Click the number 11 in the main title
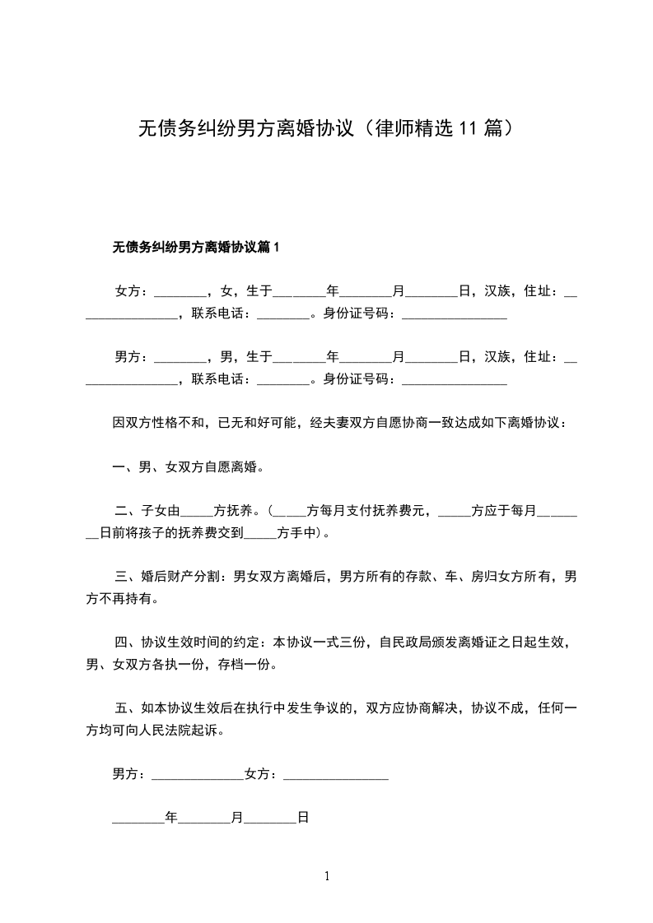click(x=467, y=128)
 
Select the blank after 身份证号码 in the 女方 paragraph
click(x=454, y=313)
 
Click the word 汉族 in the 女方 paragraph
click(x=497, y=290)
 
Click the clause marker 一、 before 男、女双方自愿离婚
click(x=125, y=467)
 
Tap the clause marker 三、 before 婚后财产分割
click(x=127, y=577)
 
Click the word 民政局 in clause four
click(x=412, y=642)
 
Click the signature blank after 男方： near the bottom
click(x=198, y=775)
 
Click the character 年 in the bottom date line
click(x=171, y=819)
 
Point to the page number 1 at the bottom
click(x=327, y=876)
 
